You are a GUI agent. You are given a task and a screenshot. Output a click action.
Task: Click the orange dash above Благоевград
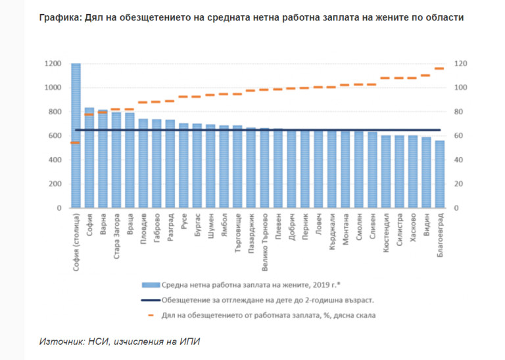[439, 68]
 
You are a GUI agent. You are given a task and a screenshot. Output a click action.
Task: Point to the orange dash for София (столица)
[76, 143]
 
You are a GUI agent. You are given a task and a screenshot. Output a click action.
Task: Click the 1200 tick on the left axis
[53, 64]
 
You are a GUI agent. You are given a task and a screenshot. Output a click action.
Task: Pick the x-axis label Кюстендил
[385, 231]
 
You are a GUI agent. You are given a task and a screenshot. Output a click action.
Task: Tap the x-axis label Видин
[426, 225]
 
